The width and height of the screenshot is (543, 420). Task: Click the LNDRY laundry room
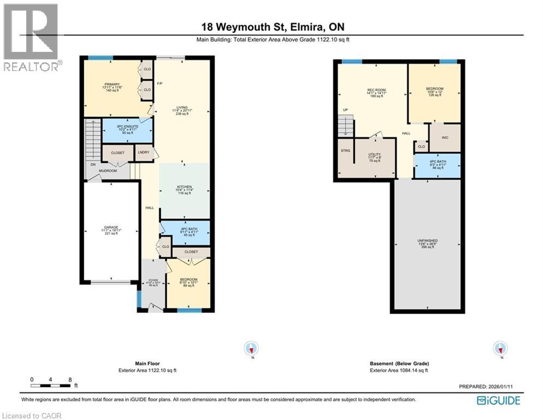tap(143, 153)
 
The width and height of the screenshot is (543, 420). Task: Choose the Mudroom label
tap(108, 171)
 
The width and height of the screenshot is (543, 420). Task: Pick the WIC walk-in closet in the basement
tap(444, 138)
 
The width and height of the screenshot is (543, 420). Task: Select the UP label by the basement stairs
tap(345, 110)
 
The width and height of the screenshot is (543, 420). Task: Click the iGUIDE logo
tap(498, 401)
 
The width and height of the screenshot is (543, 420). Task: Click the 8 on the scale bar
tap(70, 379)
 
